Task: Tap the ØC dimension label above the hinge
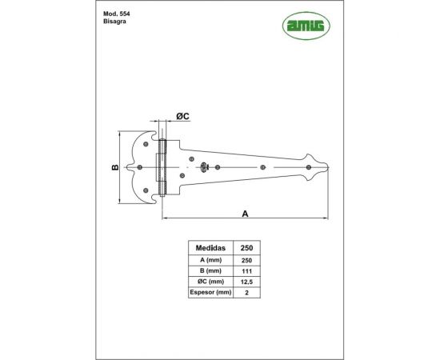click(181, 118)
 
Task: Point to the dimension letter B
click(115, 167)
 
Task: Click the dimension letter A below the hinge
click(246, 213)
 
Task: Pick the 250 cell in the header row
click(247, 248)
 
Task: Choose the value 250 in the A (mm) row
click(247, 261)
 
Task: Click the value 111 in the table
click(247, 272)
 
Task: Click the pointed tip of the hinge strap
click(329, 167)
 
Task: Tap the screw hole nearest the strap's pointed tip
click(308, 167)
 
